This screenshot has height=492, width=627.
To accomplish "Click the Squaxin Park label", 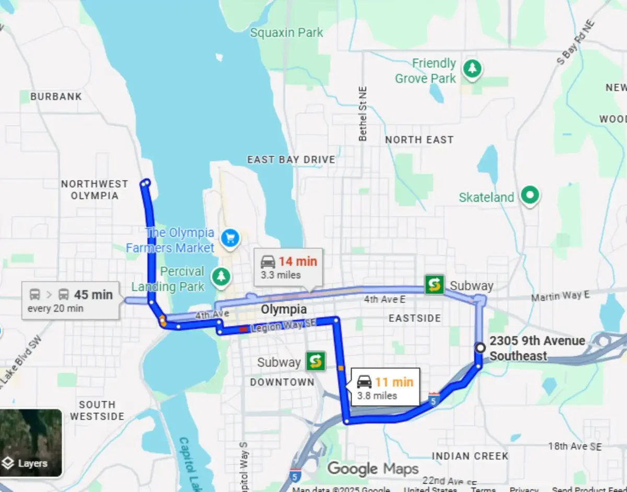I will (x=286, y=33).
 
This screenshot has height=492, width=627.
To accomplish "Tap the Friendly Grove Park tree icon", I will (x=472, y=68).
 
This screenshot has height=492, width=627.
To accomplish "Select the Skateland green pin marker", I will (x=530, y=196).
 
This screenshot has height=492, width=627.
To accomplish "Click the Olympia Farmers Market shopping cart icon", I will (x=230, y=238).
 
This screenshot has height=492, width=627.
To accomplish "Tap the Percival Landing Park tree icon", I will (x=221, y=277).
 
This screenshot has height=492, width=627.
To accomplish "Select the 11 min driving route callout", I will (x=385, y=387).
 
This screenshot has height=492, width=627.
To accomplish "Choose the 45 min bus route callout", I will (x=70, y=300).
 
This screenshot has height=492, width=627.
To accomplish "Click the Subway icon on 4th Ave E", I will (x=434, y=284).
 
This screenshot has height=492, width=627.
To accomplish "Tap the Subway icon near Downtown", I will (x=316, y=361).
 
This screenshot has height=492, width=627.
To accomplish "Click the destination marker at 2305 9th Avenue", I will (x=480, y=347).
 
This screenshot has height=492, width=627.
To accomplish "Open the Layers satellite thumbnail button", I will (x=31, y=442).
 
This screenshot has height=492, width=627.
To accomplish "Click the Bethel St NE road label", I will (x=363, y=114).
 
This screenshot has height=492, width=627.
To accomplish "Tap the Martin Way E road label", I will (x=560, y=296).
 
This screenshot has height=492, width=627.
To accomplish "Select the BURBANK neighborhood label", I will (x=56, y=97).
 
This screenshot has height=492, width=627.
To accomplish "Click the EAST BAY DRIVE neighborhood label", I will (x=291, y=159).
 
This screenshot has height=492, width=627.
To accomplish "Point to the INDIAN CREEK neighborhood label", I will (x=470, y=456).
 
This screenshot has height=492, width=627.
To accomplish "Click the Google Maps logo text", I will (x=373, y=468).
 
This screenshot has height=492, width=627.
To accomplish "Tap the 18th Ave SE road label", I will (x=575, y=446).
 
